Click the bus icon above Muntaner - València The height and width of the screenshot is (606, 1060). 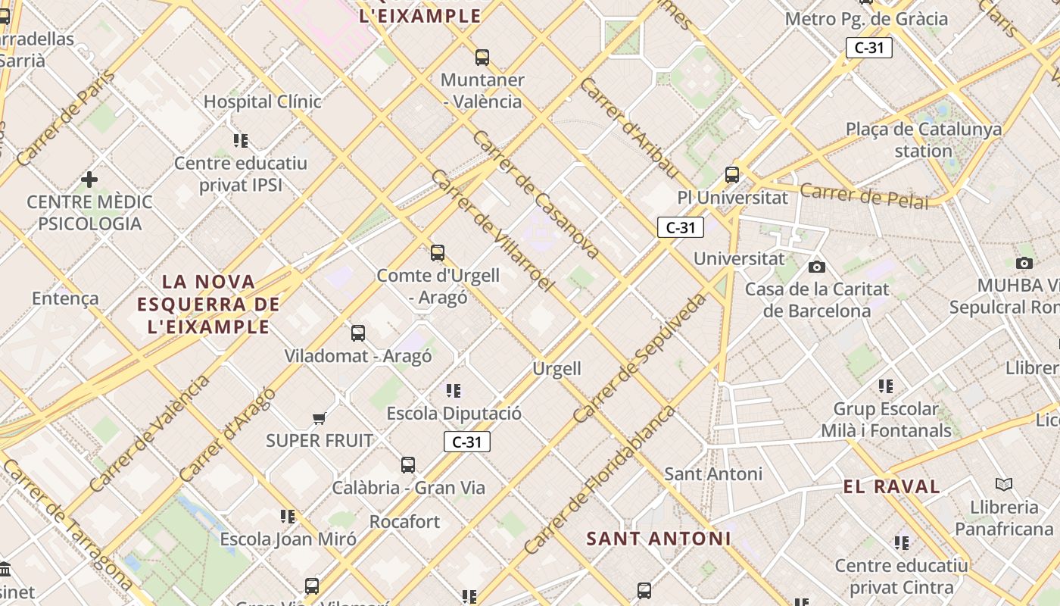(482, 57)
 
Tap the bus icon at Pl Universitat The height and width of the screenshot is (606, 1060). (732, 175)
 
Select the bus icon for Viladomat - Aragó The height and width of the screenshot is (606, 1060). (358, 333)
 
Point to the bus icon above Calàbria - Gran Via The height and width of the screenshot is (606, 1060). (408, 464)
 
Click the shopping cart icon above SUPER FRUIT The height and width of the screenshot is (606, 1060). (320, 418)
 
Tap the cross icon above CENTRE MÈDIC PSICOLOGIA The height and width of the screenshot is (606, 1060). (89, 180)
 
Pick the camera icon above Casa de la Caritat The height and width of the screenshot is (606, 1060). (817, 267)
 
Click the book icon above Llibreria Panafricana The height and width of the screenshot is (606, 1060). (1004, 484)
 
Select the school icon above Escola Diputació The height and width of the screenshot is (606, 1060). (454, 391)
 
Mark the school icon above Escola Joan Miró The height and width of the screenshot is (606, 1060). (288, 517)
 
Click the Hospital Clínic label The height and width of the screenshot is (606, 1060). (262, 102)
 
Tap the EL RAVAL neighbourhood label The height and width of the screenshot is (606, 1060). (892, 486)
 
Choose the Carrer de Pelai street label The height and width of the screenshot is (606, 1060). (864, 195)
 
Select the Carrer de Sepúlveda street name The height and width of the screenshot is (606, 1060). (640, 358)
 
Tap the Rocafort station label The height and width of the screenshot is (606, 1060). (404, 522)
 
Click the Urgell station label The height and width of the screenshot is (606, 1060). (557, 369)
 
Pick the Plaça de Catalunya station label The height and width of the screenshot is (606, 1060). (924, 139)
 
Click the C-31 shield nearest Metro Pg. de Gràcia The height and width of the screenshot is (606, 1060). (869, 48)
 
